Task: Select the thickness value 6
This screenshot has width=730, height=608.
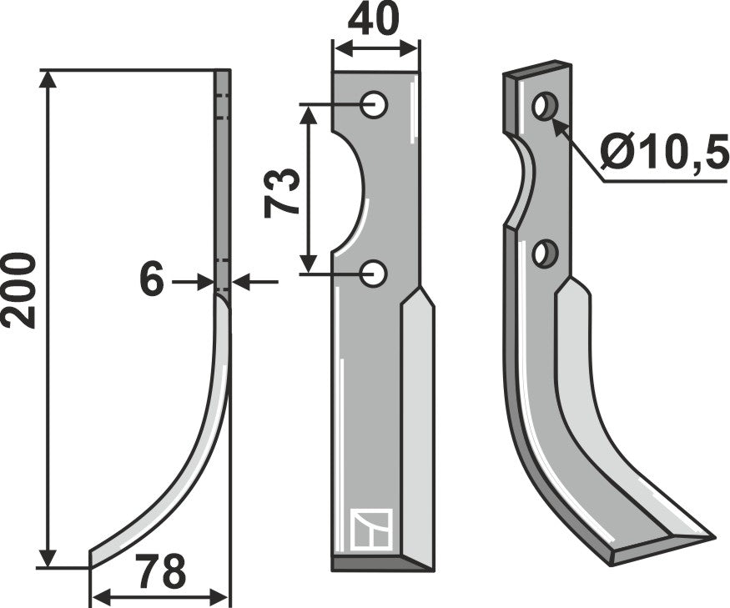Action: coord(151,282)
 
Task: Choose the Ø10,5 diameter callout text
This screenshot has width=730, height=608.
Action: coord(662,153)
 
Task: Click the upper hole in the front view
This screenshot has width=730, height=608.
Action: coord(374,104)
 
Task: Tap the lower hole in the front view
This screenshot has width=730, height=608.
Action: coord(375,272)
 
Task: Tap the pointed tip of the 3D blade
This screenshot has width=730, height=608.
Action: coord(711,536)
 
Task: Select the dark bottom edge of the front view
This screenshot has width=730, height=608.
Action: coord(382,564)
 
